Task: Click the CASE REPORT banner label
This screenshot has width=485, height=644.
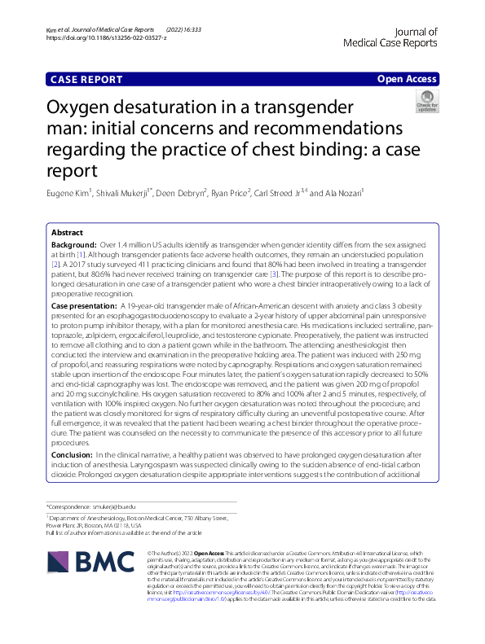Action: (x=86, y=79)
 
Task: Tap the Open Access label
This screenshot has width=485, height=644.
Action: (x=407, y=79)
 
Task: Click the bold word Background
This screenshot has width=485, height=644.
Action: (x=73, y=245)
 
